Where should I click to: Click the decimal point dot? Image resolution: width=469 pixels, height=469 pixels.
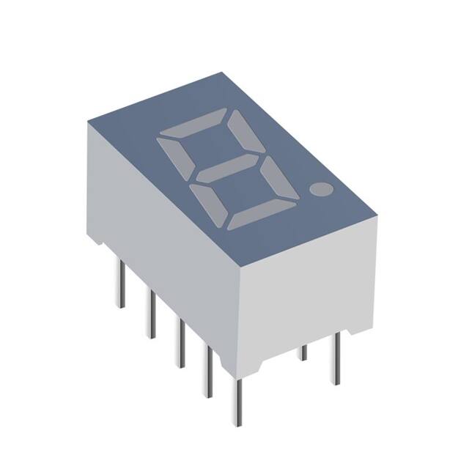point(320,190)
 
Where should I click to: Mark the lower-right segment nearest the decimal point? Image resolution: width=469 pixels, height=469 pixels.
point(283,180)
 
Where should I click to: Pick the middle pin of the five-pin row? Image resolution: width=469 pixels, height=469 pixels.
point(178,341)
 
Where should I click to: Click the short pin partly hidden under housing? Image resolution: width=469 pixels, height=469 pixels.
point(303,352)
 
